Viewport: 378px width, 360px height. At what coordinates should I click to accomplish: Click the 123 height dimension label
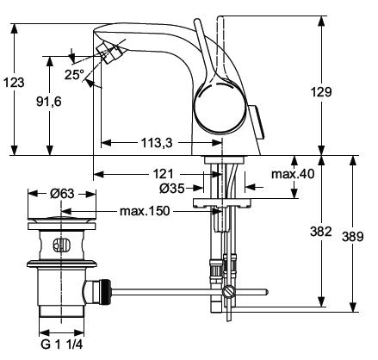14,83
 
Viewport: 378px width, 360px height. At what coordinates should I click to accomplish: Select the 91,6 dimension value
49,102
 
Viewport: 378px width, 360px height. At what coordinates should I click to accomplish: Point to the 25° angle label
74,75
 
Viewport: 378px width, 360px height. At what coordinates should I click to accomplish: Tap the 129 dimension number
321,92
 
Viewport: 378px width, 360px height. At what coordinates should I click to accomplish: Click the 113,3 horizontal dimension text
157,142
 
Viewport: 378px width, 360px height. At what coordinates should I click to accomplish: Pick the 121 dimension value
164,174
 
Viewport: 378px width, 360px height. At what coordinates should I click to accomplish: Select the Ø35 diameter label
172,189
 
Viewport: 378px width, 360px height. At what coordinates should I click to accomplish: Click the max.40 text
293,174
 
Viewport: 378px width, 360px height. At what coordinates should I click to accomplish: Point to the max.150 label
145,211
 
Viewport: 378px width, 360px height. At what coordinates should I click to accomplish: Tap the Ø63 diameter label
62,194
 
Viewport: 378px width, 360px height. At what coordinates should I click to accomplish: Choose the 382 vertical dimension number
321,232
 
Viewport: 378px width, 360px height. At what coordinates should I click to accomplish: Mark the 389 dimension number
353,237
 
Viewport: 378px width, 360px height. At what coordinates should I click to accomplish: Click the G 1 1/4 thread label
62,344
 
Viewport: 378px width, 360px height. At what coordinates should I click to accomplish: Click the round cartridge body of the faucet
220,107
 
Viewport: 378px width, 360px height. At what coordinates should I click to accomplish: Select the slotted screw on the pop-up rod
228,292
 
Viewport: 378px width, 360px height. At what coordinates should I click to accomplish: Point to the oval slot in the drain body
61,245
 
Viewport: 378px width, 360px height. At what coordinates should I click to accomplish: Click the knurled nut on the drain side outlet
107,292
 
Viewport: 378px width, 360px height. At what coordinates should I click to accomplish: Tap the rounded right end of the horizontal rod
267,292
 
